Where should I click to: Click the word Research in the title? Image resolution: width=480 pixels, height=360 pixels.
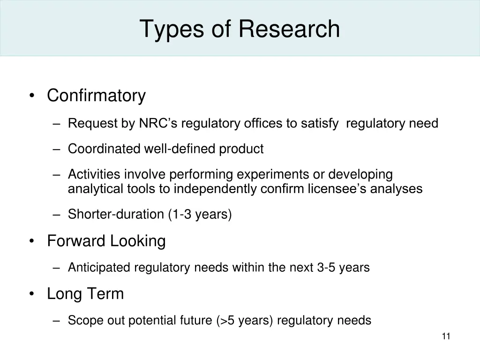289,29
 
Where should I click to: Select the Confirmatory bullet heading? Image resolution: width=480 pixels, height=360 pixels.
96,96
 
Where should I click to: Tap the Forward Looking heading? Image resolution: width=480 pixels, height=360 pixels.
106,241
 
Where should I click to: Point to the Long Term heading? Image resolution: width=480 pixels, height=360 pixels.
85,294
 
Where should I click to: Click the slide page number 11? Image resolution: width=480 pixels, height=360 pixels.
446,336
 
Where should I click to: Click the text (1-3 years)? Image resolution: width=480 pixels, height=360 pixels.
200,215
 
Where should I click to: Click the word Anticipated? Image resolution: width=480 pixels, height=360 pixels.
99,268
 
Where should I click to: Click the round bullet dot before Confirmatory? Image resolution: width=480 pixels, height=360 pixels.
31,96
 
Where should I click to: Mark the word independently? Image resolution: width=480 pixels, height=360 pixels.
219,189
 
